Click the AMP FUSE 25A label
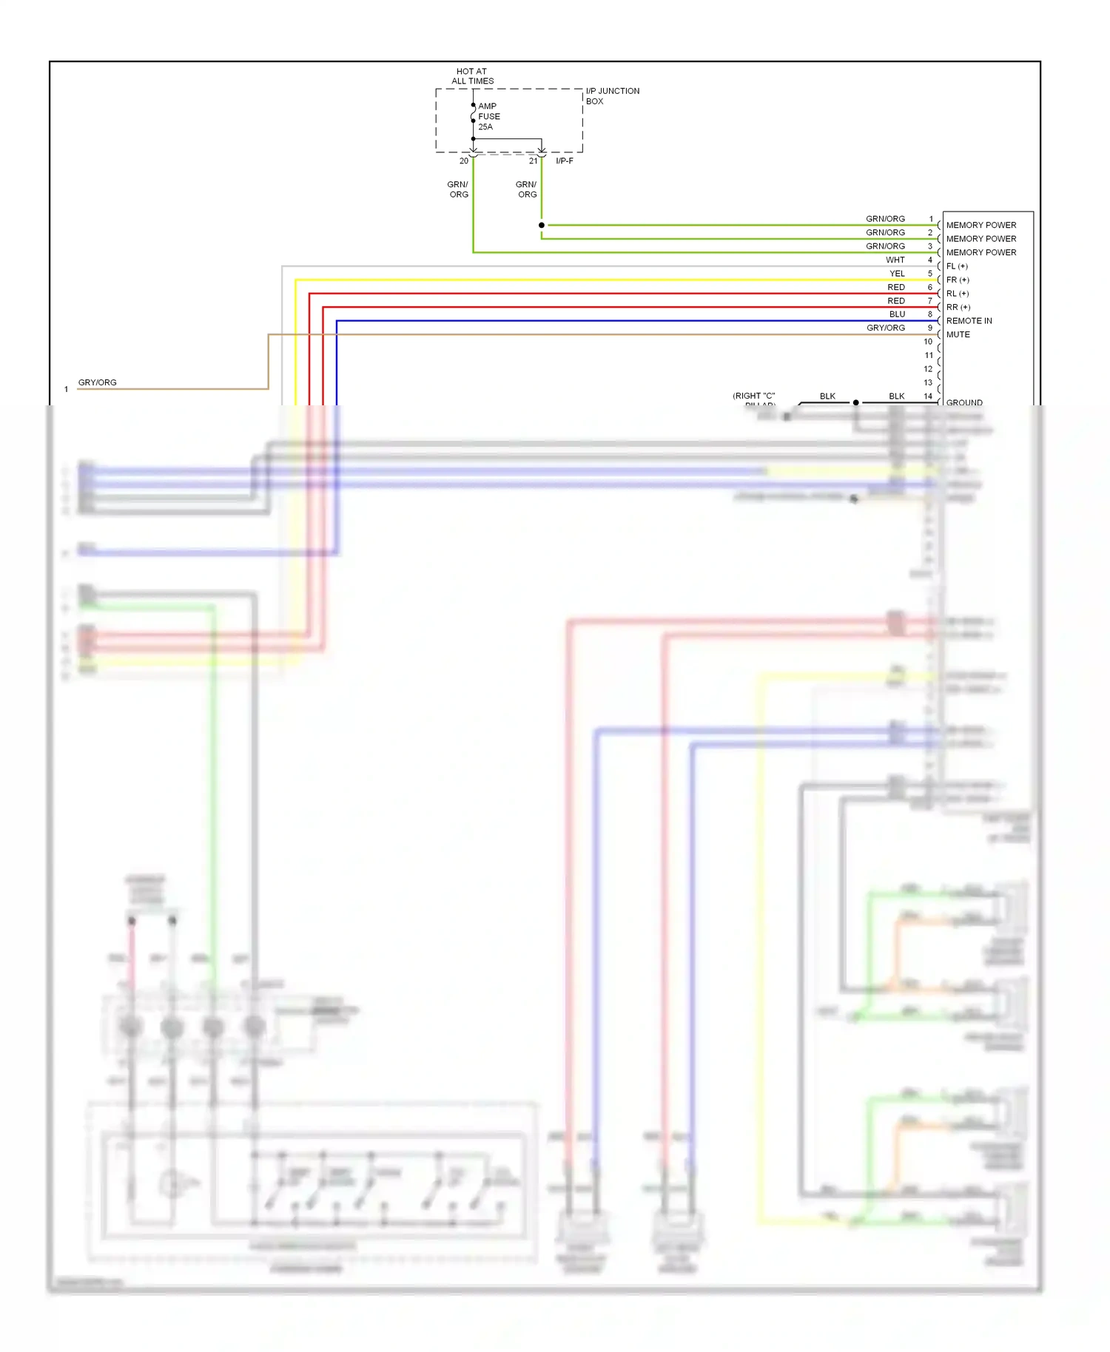coord(488,117)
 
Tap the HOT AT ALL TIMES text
coord(472,76)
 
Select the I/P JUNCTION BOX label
coord(612,96)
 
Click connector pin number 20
coord(464,161)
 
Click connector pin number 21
coord(533,161)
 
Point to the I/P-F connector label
coord(565,161)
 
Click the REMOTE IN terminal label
coord(969,321)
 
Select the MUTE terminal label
coord(958,335)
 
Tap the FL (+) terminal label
coord(957,266)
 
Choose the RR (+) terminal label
coord(958,308)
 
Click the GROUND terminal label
coord(964,403)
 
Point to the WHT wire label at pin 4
coord(895,260)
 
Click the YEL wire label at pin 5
coord(897,274)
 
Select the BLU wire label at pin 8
coord(897,314)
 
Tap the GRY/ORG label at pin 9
coord(886,328)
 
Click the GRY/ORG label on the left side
coord(98,383)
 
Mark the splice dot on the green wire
coord(542,225)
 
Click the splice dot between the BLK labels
coord(856,403)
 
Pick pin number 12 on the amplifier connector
coord(928,369)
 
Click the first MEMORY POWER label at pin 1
coord(980,226)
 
